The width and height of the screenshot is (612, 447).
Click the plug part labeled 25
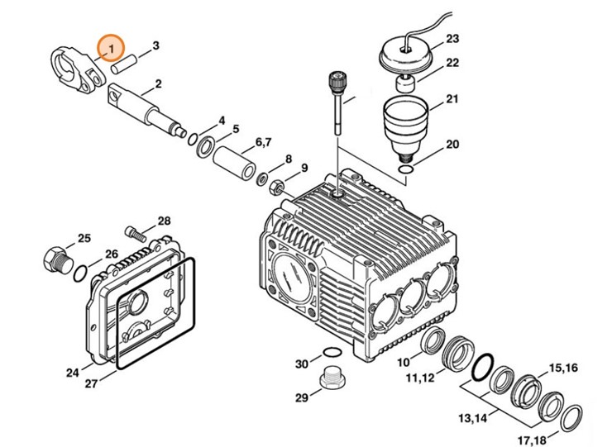(x=56, y=258)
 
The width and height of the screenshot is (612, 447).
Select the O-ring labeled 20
(x=406, y=170)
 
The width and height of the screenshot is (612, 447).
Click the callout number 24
(x=73, y=373)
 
